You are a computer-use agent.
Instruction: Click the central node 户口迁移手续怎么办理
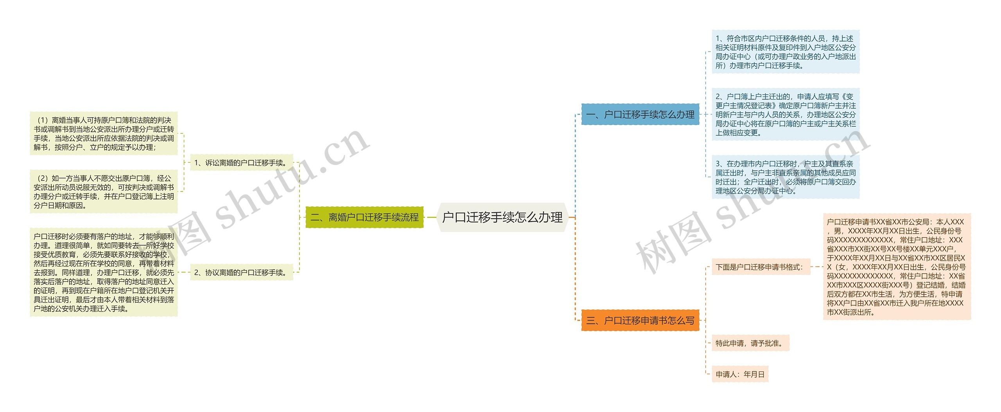[x=502, y=217]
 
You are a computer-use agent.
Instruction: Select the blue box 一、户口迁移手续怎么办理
[x=640, y=115]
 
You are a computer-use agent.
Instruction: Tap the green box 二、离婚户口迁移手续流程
[x=364, y=217]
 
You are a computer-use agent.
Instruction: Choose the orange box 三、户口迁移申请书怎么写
[x=640, y=321]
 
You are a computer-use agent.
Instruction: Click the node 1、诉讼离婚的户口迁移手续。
[x=241, y=163]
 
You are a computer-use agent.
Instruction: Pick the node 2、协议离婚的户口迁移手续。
[x=241, y=272]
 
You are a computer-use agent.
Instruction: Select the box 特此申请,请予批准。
[x=750, y=343]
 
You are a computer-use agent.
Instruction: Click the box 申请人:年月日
[x=740, y=374]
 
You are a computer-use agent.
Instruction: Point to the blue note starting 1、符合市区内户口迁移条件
[x=785, y=52]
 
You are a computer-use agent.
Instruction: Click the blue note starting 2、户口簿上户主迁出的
[x=785, y=115]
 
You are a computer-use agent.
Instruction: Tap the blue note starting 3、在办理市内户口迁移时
[x=785, y=177]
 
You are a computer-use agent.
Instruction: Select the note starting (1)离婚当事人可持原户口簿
[x=104, y=133]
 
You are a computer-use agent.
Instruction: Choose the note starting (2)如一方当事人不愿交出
[x=104, y=192]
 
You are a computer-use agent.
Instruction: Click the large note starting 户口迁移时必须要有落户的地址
[x=104, y=272]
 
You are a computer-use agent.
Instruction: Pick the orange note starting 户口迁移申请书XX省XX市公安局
[x=897, y=267]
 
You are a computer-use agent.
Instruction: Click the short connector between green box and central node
[x=431, y=217]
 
